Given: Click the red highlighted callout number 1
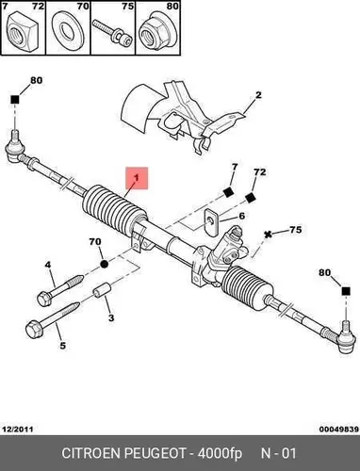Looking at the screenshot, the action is pos(137,178).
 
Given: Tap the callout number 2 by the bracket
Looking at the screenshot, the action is pos(258,95).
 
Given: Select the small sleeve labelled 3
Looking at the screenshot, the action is pos(103,289).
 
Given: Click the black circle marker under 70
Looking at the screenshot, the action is pos(105,264).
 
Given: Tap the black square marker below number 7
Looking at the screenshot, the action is pos(228,191).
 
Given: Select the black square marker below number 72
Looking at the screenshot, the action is pos(250,198).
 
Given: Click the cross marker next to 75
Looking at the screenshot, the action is pos(268,235).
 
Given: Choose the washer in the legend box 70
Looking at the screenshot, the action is pos(67,32).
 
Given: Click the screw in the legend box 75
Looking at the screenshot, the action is pos(112,33).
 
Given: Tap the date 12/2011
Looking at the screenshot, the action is pos(18,429).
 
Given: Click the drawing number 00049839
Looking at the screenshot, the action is pos(339,429).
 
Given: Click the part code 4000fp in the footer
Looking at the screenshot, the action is pos(220,454).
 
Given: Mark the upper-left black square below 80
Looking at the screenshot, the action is pos(15,100).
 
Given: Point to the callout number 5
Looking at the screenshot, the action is pos(63,346).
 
